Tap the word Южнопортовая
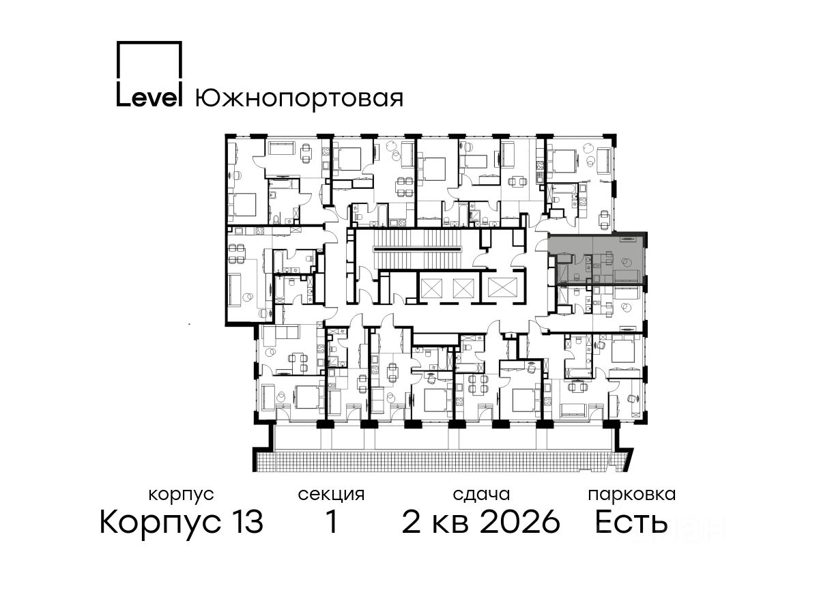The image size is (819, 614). pyautogui.click(x=299, y=98)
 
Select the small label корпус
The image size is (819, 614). pyautogui.click(x=181, y=495)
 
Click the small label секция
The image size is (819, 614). pyautogui.click(x=331, y=495)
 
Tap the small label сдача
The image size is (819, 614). pyautogui.click(x=481, y=495)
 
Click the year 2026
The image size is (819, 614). pyautogui.click(x=520, y=522)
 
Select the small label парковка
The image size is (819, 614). pyautogui.click(x=632, y=495)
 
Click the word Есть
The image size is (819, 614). pyautogui.click(x=631, y=522)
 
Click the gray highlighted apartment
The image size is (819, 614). pyautogui.click(x=597, y=259)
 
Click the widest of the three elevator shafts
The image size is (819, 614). pyautogui.click(x=502, y=288)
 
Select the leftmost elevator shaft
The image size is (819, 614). pyautogui.click(x=431, y=288)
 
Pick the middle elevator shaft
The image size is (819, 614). pyautogui.click(x=463, y=288)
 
